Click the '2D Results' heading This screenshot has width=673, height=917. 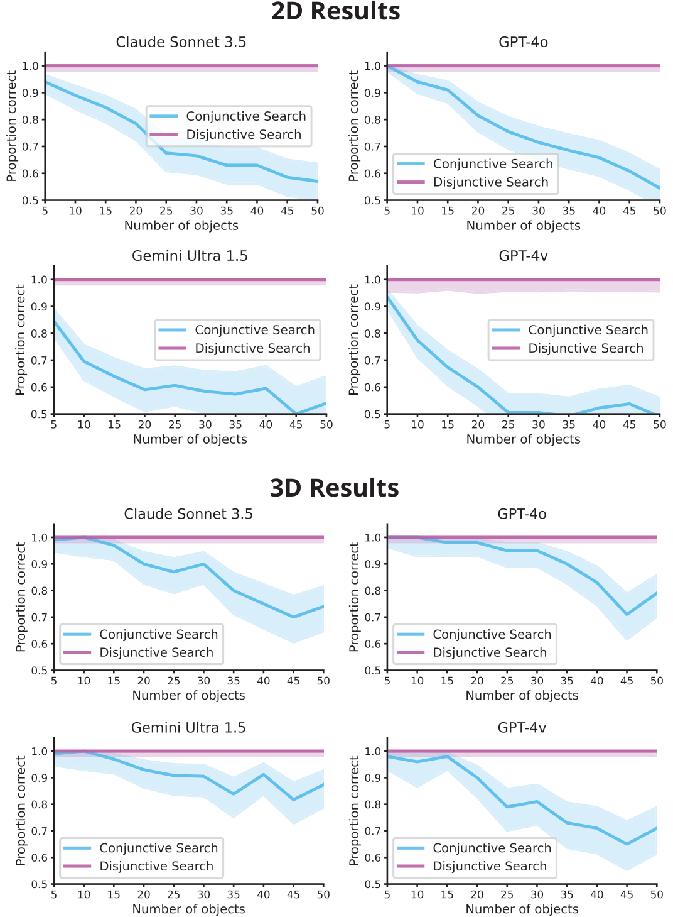[x=335, y=12]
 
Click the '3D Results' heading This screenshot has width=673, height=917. [x=334, y=488]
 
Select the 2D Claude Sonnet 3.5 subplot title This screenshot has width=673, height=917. [x=181, y=42]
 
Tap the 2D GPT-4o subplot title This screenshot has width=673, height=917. [x=523, y=42]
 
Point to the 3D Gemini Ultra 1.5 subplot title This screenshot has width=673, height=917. [x=188, y=728]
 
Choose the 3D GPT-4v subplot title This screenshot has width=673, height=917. [x=522, y=728]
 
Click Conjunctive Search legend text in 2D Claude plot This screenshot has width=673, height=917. [x=245, y=116]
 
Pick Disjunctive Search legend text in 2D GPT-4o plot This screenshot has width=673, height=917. [x=490, y=182]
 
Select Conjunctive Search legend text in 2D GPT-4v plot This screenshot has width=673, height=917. [x=588, y=330]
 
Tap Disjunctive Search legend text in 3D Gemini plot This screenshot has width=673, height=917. [x=156, y=866]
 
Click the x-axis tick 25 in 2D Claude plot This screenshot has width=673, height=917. [x=166, y=211]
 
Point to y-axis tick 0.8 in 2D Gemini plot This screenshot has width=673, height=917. [x=40, y=334]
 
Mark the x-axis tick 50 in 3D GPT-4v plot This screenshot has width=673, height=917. [x=657, y=894]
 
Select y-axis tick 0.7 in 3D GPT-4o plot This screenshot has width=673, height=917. [x=373, y=617]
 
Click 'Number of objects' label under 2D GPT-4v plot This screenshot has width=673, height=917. [x=523, y=439]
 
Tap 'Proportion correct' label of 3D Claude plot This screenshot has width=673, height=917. [x=21, y=597]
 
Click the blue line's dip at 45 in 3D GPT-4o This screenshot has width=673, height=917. [x=627, y=614]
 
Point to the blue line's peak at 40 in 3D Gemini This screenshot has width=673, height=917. [x=264, y=774]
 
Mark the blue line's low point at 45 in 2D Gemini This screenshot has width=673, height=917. [x=296, y=414]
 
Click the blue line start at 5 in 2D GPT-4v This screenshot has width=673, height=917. [x=387, y=297]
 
